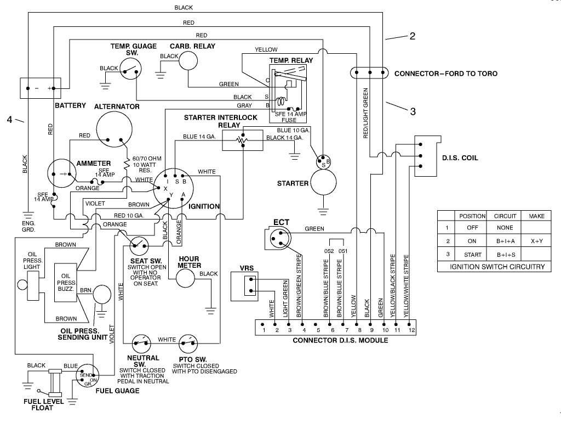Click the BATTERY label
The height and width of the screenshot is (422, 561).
tap(70, 105)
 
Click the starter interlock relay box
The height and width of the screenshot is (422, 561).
tap(243, 141)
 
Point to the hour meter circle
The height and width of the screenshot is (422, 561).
tap(186, 278)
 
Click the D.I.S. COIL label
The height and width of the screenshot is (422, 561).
tap(460, 158)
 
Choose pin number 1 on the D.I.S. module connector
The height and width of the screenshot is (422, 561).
tap(264, 330)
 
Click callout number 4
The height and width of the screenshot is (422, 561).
tap(9, 120)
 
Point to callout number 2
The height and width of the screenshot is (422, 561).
tap(412, 36)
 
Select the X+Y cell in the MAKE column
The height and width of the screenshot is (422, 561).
tap(536, 241)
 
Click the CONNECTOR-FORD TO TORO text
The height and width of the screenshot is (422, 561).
tap(446, 73)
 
